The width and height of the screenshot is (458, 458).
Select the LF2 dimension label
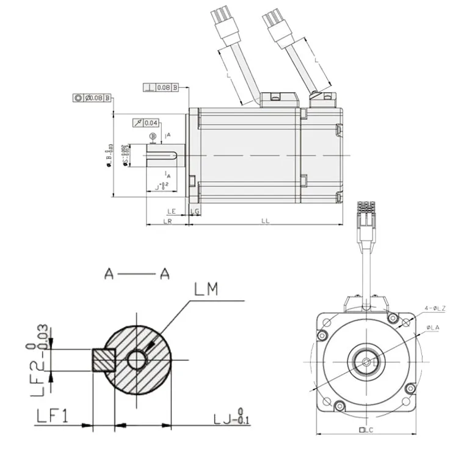[40, 360]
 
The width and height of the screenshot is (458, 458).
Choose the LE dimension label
[172, 211]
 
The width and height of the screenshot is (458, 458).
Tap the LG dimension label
[194, 211]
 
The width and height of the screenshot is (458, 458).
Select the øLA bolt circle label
[434, 328]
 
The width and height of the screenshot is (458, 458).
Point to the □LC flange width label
[366, 430]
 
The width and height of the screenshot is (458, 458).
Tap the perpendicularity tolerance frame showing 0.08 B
[161, 88]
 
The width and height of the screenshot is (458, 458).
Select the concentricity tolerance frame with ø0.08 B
[92, 97]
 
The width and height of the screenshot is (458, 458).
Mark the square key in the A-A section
[103, 360]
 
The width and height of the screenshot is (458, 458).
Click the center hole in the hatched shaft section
[137, 360]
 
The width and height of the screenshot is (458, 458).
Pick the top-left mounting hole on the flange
[322, 335]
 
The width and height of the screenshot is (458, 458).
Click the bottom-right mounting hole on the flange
[410, 388]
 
